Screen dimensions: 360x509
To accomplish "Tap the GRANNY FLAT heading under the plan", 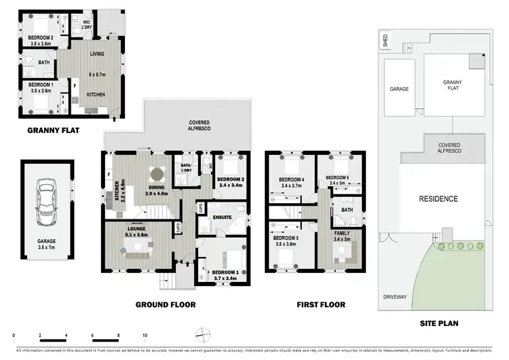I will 56,130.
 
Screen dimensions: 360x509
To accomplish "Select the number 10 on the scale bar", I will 145,336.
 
